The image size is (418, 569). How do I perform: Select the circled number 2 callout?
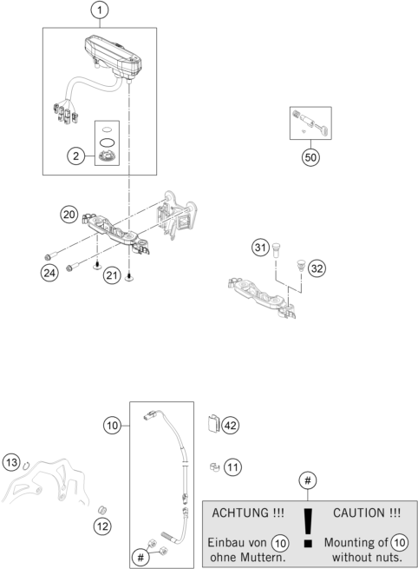tap(77, 156)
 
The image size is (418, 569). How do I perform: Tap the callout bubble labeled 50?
tap(310, 158)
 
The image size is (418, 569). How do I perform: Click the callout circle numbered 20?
tap(69, 214)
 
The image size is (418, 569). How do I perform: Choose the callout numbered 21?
tap(112, 275)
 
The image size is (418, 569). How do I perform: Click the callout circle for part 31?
tap(259, 248)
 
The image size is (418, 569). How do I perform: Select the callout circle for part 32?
tap(317, 268)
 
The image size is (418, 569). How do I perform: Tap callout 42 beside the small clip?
tap(231, 426)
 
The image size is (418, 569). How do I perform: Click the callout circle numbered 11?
tap(232, 467)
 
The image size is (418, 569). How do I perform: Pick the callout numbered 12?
tap(103, 525)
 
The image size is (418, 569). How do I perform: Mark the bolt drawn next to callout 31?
tap(276, 250)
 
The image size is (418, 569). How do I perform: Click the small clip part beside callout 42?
tap(213, 426)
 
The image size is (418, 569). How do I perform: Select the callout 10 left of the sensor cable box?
tap(112, 426)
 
